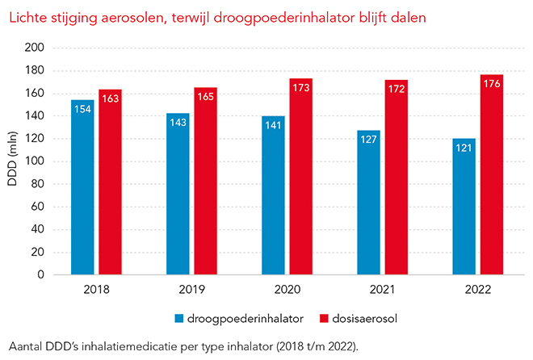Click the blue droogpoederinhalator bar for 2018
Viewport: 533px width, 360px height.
click(82, 187)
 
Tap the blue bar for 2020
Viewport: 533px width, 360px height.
click(273, 195)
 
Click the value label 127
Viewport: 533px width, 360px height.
click(368, 139)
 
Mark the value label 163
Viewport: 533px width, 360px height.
click(110, 98)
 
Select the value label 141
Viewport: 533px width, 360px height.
click(273, 124)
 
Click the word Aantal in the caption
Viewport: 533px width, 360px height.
click(23, 345)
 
